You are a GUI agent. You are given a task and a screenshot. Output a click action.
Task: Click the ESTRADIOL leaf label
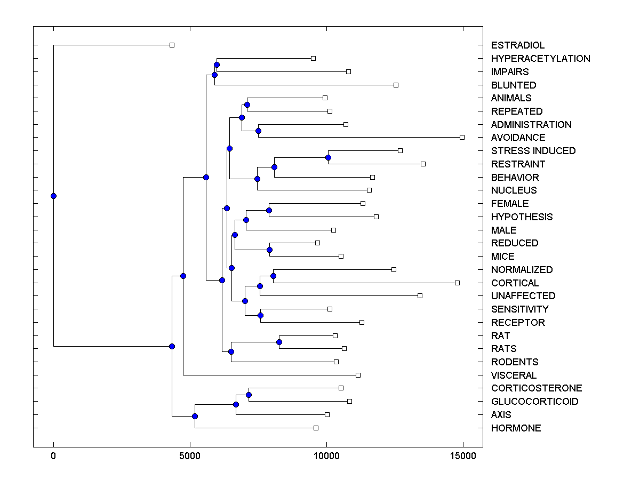[x=518, y=45]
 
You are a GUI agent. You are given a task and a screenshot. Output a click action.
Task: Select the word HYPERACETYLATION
[x=540, y=59]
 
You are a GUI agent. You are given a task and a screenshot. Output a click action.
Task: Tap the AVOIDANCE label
[x=518, y=138]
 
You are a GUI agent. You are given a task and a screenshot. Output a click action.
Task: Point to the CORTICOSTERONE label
[x=537, y=388]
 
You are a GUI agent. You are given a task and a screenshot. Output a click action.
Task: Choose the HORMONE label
[x=516, y=428]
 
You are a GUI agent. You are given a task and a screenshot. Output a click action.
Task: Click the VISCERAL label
[x=514, y=375]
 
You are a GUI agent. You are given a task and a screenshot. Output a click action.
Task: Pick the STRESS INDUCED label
[x=533, y=151]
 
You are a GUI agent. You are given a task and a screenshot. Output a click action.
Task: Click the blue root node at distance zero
[x=53, y=196]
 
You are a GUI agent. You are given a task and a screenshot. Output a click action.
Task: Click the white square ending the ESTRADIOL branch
[x=172, y=45]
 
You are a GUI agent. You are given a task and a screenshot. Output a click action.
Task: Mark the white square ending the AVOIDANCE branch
[x=462, y=137]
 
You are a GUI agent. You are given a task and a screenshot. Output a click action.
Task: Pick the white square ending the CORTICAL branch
[x=457, y=283]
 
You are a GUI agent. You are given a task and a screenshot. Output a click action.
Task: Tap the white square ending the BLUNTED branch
[x=396, y=85]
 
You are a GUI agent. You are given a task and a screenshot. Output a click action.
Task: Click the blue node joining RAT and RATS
[x=279, y=342]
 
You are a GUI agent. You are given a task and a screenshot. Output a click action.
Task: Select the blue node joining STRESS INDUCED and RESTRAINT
[x=328, y=157]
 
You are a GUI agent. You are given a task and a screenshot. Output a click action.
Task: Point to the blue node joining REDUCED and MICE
[x=270, y=250]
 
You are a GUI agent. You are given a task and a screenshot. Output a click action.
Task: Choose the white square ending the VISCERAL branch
[x=358, y=375]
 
